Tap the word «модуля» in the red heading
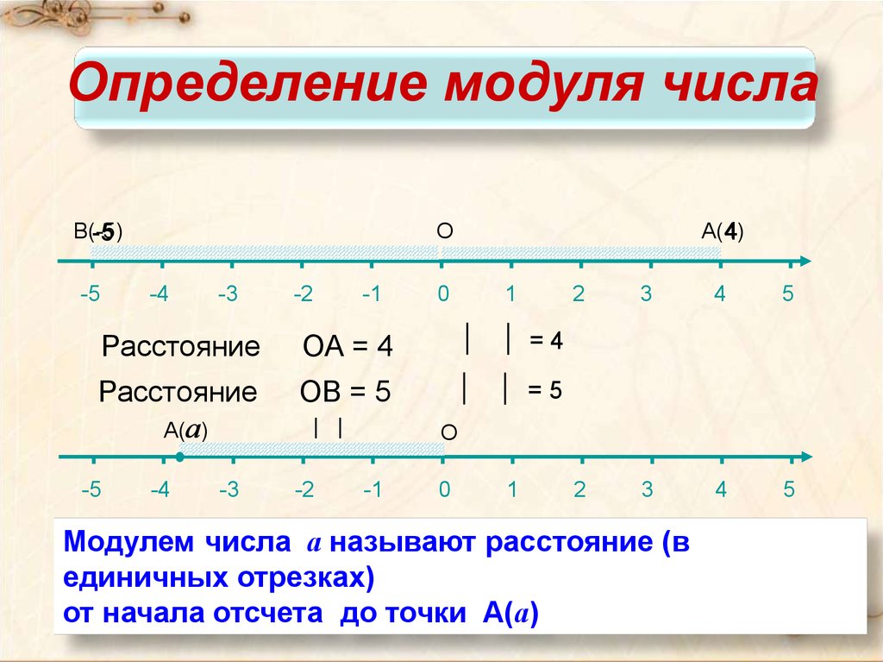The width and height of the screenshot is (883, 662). pos(543,85)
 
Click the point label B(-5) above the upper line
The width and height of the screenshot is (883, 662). pos(98,232)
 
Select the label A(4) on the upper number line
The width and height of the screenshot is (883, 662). pos(723,231)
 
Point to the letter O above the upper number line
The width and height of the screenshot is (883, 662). pos(445,231)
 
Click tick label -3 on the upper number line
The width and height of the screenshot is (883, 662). pos(228,293)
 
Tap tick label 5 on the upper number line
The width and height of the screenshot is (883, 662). pos(788,293)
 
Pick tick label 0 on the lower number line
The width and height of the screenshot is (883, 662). pos(444,489)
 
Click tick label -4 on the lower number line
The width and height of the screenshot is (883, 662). pos(160,489)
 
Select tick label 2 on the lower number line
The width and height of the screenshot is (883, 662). pos(579,489)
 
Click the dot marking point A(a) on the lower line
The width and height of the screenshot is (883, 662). pos(179,457)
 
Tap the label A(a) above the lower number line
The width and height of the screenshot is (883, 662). pos(186,431)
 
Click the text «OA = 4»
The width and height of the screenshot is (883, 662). pos(348,346)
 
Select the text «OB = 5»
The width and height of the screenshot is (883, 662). pos(345,391)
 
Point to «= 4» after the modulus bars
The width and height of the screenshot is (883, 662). pos(546,341)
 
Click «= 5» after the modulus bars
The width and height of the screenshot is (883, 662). pos(545,390)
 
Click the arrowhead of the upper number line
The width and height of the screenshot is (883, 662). pos(805,261)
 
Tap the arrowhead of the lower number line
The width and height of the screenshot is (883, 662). pos(806,457)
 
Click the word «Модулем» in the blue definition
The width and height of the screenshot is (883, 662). pos(128,542)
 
